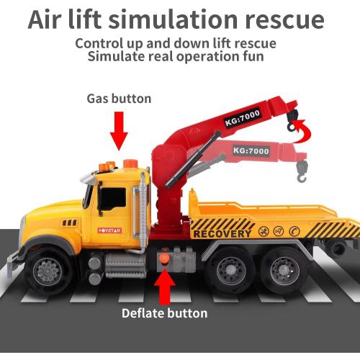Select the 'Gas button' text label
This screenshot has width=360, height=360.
click(x=120, y=99)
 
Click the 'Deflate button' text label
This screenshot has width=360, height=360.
click(x=165, y=313)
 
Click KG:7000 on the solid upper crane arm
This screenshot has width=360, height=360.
click(x=243, y=117)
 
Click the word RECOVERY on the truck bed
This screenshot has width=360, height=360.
click(x=222, y=233)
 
